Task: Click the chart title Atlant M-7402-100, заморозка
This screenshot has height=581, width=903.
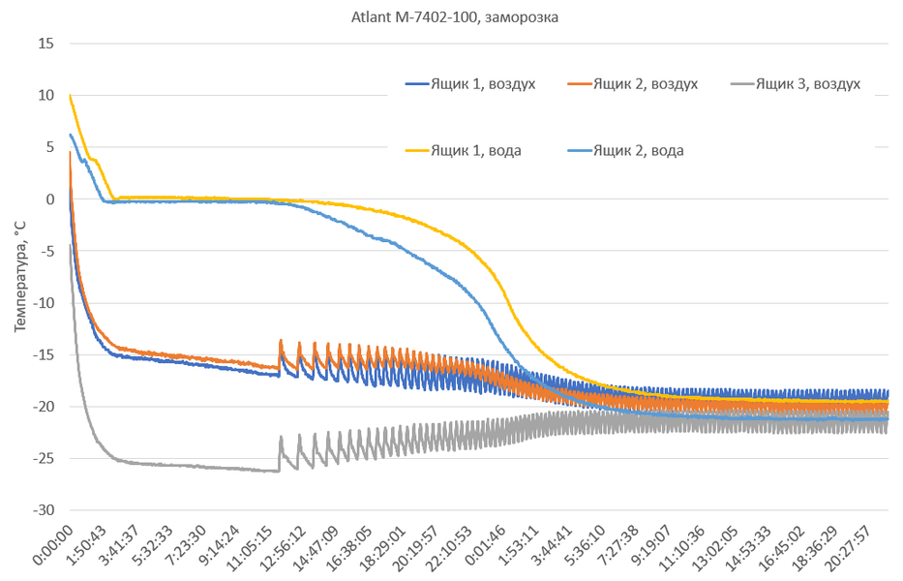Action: tap(451, 16)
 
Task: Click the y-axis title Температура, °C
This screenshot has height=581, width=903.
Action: tap(20, 277)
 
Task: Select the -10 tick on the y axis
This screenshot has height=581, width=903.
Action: tap(44, 303)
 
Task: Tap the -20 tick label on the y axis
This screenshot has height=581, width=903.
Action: tap(44, 407)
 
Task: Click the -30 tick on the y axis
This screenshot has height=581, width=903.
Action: tap(44, 510)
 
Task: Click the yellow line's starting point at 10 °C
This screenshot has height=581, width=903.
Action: tap(70, 95)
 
